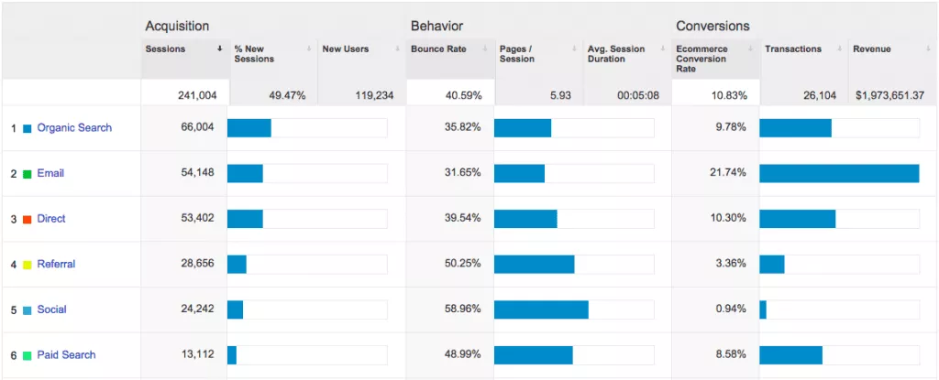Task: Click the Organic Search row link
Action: [74, 128]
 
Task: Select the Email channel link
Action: [50, 173]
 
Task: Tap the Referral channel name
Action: [56, 264]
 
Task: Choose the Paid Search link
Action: [66, 354]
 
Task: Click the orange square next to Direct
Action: [28, 219]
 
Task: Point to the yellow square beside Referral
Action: [28, 265]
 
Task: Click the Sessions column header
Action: [165, 49]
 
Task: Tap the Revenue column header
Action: [871, 49]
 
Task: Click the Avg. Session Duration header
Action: [616, 54]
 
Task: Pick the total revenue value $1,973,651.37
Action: [889, 95]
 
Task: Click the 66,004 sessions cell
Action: [198, 127]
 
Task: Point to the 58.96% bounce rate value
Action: [462, 309]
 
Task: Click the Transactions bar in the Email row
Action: [839, 173]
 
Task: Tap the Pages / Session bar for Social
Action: [541, 309]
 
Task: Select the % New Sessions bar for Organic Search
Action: [249, 127]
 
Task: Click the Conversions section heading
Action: [713, 26]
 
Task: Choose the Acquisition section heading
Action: [177, 26]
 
